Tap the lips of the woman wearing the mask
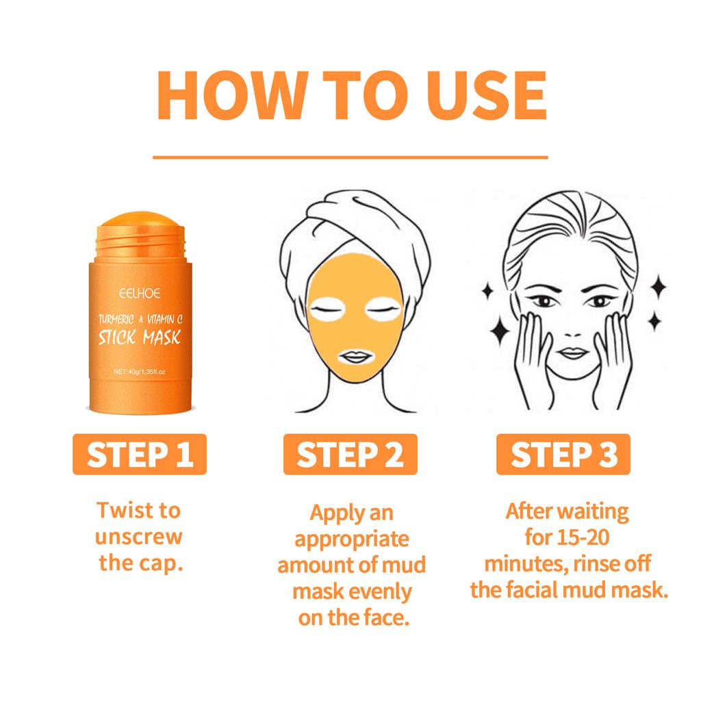point(354,357)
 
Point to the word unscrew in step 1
point(139,536)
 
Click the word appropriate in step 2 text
point(352,539)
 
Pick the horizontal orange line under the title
point(350,157)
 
